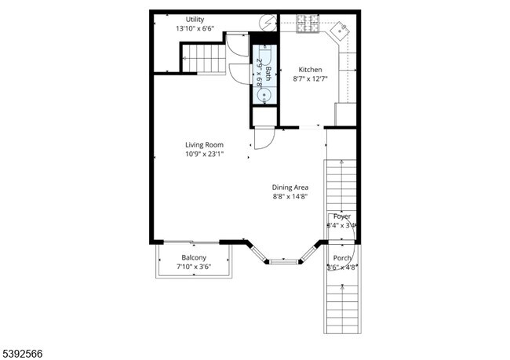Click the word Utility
pyautogui.click(x=195, y=19)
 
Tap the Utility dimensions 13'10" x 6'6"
pyautogui.click(x=195, y=28)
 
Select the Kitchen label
pyautogui.click(x=311, y=69)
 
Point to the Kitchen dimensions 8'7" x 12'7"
pyautogui.click(x=311, y=78)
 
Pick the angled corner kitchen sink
pyautogui.click(x=341, y=31)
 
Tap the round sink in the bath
pyautogui.click(x=264, y=94)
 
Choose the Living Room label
pyautogui.click(x=204, y=144)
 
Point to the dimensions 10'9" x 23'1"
pyautogui.click(x=204, y=154)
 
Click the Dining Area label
pyautogui.click(x=290, y=187)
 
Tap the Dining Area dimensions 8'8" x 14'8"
pyautogui.click(x=290, y=197)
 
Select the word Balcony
pyautogui.click(x=194, y=258)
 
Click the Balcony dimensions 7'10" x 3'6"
pyautogui.click(x=194, y=267)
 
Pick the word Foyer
pyautogui.click(x=342, y=216)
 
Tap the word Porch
pyautogui.click(x=342, y=258)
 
